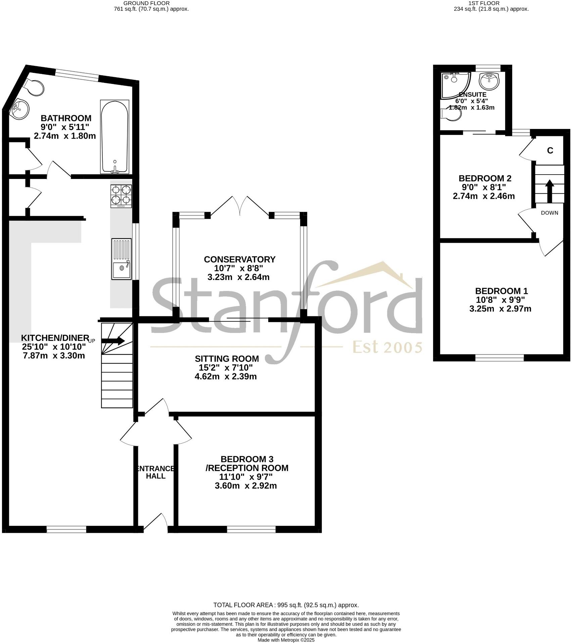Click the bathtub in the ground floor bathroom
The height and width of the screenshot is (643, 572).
pos(114,137)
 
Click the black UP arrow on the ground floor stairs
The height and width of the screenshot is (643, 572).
pos(113,341)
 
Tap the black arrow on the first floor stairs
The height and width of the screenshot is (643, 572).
pos(550,191)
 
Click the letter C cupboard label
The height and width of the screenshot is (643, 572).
pos(550,151)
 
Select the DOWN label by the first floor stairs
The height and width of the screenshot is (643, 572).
pos(550,213)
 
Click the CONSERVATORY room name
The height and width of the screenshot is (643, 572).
pos(240,259)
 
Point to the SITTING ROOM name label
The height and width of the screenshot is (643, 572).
pos(227,359)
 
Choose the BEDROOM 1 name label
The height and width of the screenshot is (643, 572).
pos(502,291)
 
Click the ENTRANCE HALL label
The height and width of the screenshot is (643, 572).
pos(155,472)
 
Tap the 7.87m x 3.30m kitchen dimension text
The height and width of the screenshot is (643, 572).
pos(54,355)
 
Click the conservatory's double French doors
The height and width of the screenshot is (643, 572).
pos(240,206)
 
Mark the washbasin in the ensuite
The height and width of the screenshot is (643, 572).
pos(490,81)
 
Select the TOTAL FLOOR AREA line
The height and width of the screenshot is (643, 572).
pos(286,614)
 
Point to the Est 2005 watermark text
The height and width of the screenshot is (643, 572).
pos(387,348)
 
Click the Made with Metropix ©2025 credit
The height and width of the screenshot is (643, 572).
pos(286,640)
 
